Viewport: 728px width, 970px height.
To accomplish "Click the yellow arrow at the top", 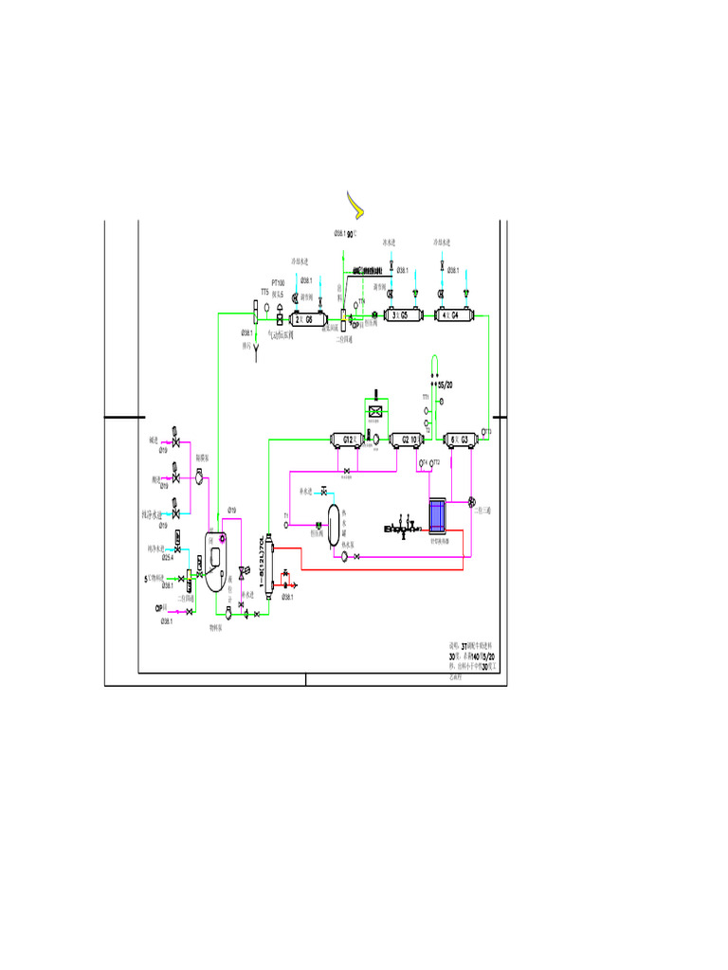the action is pos(355,203).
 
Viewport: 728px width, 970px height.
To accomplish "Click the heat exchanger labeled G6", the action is pos(309,318).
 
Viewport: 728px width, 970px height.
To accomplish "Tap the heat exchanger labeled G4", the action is pos(455,314).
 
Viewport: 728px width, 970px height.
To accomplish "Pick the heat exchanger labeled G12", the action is pos(348,439).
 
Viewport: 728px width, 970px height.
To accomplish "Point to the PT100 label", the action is pos(279,283).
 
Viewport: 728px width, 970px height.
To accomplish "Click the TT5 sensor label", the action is pos(265,292).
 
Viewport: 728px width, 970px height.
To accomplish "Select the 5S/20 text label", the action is pos(446,386).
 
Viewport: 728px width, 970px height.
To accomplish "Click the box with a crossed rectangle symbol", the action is pos(375,411).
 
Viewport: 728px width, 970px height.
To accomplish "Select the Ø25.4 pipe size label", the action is pos(167,557).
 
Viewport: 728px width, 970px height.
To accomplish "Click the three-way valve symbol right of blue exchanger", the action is pos(472,501).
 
